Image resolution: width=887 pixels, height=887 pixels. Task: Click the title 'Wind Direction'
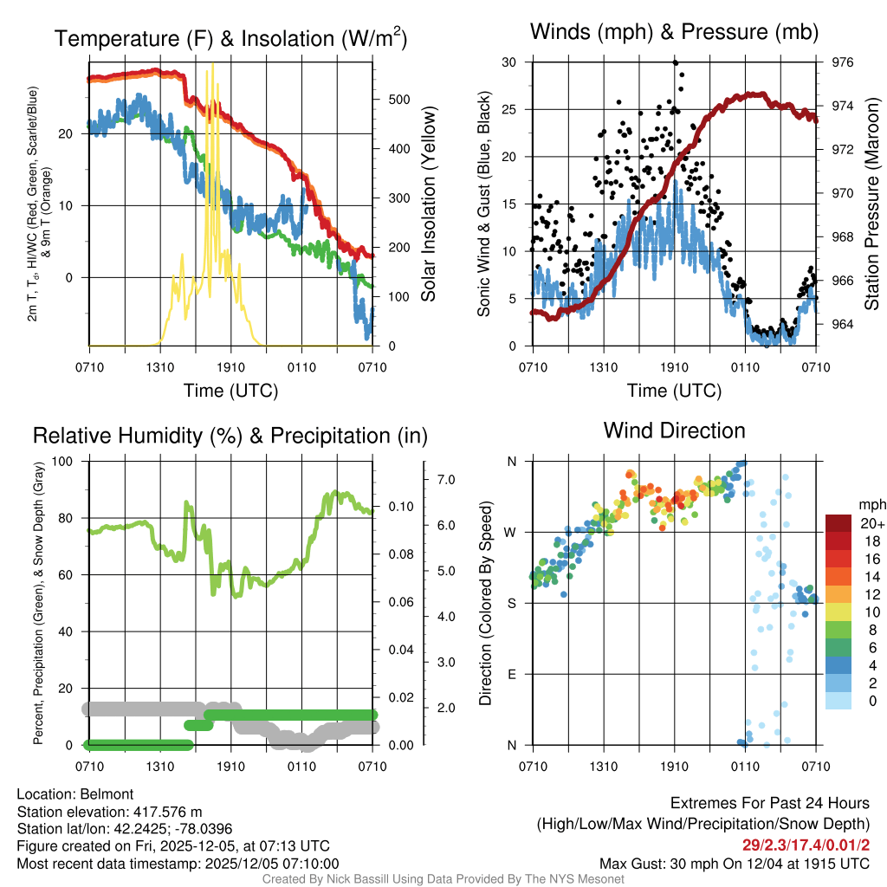tap(674, 431)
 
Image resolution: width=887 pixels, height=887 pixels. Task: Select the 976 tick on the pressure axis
tap(842, 62)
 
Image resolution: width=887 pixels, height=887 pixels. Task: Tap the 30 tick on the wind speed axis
tap(509, 62)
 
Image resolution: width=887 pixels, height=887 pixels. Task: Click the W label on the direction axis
tap(512, 532)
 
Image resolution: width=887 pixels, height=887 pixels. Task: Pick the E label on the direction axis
tap(513, 674)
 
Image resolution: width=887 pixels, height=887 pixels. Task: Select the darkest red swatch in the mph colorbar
tap(839, 523)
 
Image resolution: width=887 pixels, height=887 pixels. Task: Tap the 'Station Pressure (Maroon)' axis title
tap(872, 204)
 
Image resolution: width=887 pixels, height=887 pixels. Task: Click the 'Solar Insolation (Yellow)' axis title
tap(429, 204)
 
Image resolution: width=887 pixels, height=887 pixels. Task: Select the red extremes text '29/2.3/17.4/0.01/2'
tap(806, 845)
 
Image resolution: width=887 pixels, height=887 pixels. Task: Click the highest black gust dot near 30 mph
tap(676, 62)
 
